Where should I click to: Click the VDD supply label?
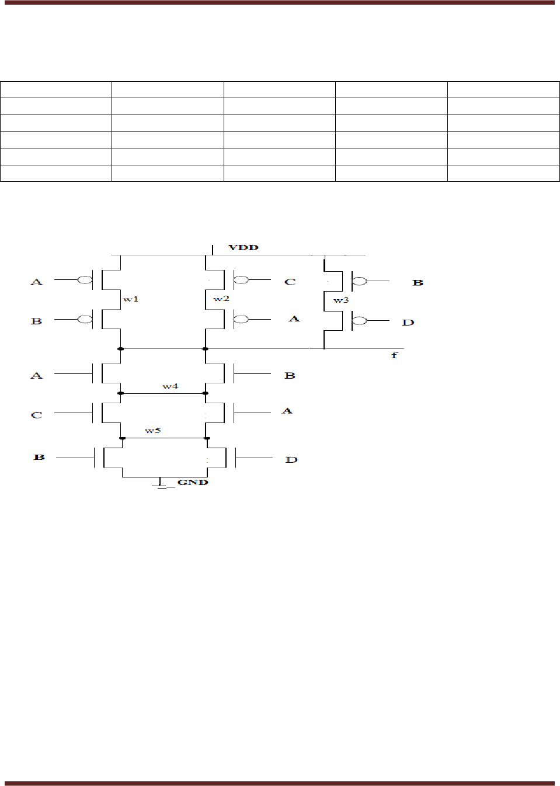pyautogui.click(x=243, y=247)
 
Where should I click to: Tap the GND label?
pyautogui.click(x=193, y=482)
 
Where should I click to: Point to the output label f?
pyautogui.click(x=394, y=355)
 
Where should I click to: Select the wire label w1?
pyautogui.click(x=131, y=299)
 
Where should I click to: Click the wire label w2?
pyautogui.click(x=221, y=299)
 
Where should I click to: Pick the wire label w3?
pyautogui.click(x=341, y=300)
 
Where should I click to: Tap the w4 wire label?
pyautogui.click(x=170, y=386)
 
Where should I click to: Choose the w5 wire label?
pyautogui.click(x=152, y=431)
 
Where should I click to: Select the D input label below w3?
pyautogui.click(x=408, y=322)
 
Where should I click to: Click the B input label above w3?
pyautogui.click(x=418, y=282)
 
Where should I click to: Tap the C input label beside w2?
pyautogui.click(x=290, y=282)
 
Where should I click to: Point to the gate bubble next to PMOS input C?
pyautogui.click(x=241, y=281)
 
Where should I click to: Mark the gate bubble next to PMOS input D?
pyautogui.click(x=359, y=321)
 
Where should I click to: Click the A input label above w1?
pyautogui.click(x=36, y=282)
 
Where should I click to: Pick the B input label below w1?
pyautogui.click(x=36, y=321)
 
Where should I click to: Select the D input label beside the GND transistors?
pyautogui.click(x=291, y=460)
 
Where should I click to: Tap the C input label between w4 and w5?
pyautogui.click(x=36, y=415)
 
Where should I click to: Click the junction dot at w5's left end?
pyautogui.click(x=122, y=438)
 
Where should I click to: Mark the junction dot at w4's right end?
pyautogui.click(x=206, y=393)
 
